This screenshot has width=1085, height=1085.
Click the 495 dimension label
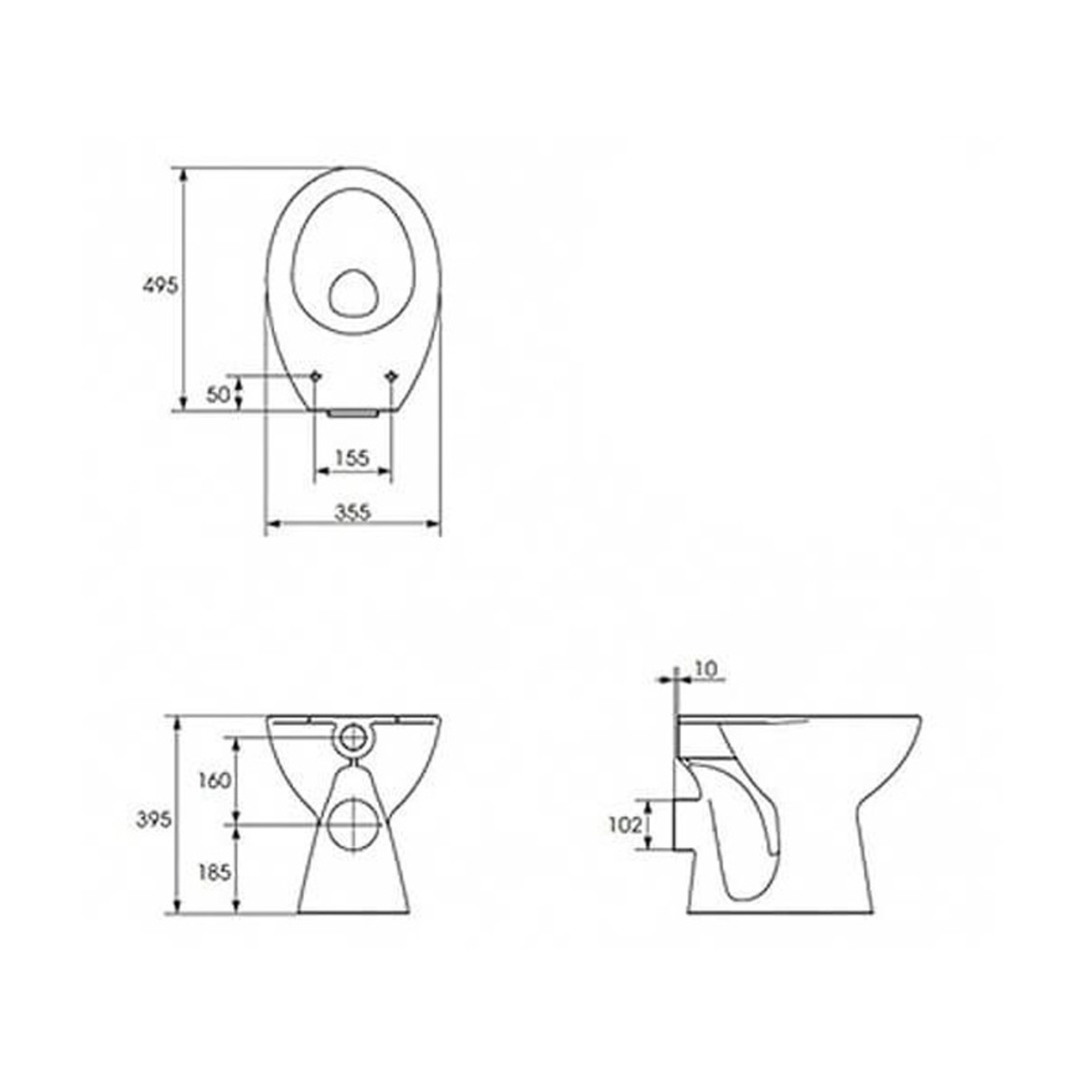[x=160, y=286]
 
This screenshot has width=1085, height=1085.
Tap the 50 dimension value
[x=219, y=395]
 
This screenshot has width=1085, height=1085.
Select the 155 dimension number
[x=352, y=458]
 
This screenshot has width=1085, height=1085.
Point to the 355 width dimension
[x=353, y=513]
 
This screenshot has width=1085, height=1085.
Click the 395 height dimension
[x=154, y=820]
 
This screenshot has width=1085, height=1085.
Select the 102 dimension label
[x=625, y=826]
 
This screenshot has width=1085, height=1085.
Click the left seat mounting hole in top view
[x=316, y=375]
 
